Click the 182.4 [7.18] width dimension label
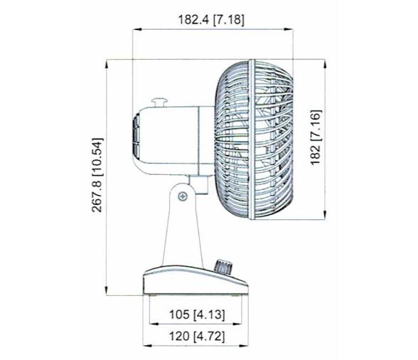pos(210,20)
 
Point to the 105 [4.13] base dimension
pos(193,314)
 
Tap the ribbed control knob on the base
pos(223,268)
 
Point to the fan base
pos(196,282)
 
